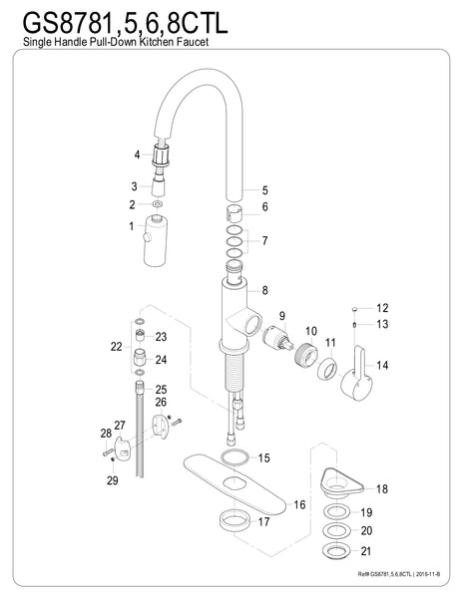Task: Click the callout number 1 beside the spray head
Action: click(x=131, y=227)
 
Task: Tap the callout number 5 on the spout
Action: click(x=264, y=190)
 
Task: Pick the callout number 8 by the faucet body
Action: click(x=264, y=290)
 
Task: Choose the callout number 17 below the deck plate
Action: click(x=264, y=521)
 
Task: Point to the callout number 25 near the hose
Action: click(x=162, y=389)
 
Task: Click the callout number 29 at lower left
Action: click(x=113, y=481)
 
